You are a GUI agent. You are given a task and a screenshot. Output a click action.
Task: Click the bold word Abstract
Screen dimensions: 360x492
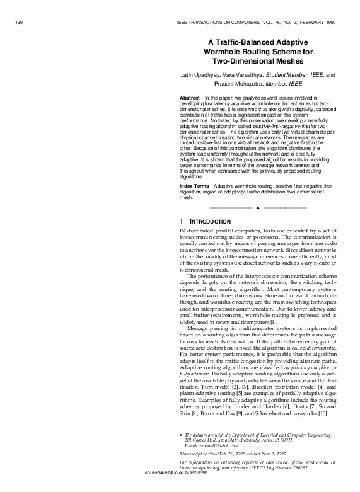tap(190, 100)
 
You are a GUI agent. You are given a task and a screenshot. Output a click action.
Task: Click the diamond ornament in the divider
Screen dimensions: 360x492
tap(258, 207)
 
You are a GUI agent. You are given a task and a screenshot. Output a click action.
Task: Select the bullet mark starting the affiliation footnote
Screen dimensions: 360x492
tap(182, 435)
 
